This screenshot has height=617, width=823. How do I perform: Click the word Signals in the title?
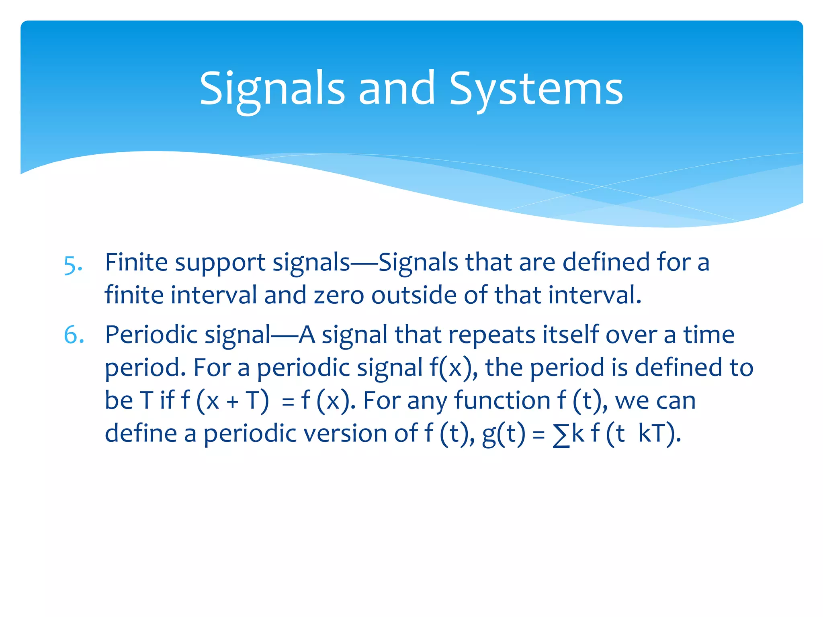click(272, 88)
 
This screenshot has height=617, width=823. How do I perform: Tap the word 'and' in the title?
click(397, 88)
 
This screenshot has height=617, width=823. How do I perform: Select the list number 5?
click(73, 265)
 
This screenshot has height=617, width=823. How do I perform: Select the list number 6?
click(74, 335)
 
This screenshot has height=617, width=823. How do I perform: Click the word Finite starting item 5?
click(136, 262)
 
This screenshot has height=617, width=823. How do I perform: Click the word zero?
click(338, 295)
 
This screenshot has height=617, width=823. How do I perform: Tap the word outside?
click(414, 295)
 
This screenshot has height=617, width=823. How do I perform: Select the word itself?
click(571, 335)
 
